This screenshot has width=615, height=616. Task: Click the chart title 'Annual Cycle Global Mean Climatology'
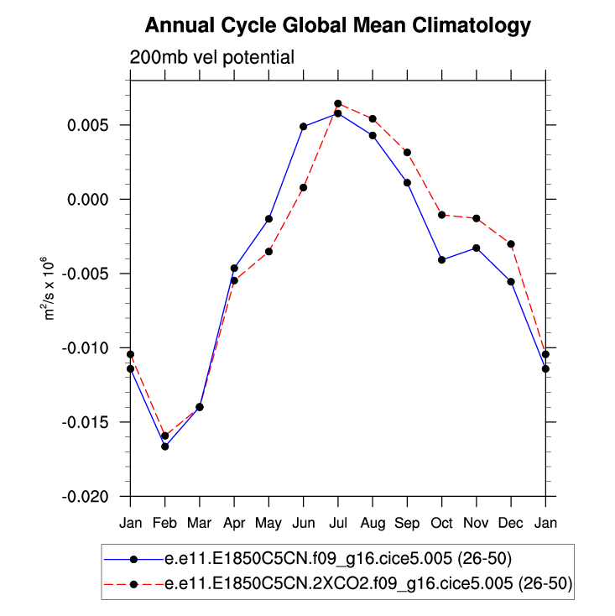[338, 25]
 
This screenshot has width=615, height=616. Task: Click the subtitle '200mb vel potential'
[211, 58]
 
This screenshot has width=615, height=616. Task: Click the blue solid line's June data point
[303, 127]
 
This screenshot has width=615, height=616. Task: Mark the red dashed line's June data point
[303, 187]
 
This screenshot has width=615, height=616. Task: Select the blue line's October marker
[441, 260]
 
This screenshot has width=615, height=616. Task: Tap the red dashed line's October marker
[441, 215]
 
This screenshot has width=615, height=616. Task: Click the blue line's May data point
[268, 218]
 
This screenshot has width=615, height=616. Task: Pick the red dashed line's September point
[407, 152]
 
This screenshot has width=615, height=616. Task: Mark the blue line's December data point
[511, 281]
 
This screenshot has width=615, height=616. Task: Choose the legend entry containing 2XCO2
[369, 584]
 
